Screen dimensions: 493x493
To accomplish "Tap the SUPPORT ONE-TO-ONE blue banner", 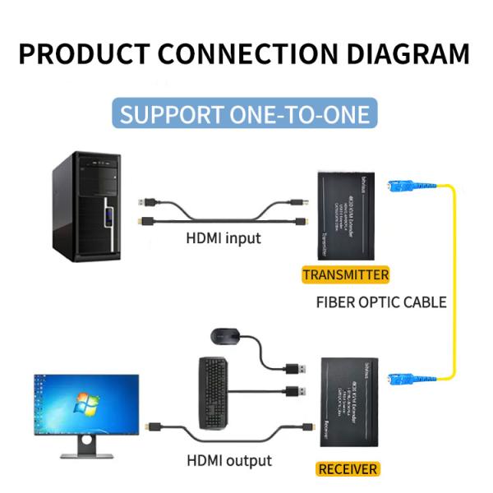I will [246, 113].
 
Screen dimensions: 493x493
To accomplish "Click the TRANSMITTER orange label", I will [345, 274].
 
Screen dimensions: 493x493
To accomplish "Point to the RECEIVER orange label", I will [348, 469].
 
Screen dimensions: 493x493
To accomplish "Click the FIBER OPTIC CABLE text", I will [381, 302].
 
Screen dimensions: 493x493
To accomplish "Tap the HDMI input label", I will [223, 238].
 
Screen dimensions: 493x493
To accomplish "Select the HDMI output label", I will [229, 460].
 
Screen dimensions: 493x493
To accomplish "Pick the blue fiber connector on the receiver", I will [394, 378].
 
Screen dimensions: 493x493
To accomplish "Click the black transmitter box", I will [345, 215].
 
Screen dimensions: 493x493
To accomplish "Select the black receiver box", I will [347, 403].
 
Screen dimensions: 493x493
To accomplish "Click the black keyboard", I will [213, 393].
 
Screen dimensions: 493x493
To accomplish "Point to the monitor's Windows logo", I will [83, 403].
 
